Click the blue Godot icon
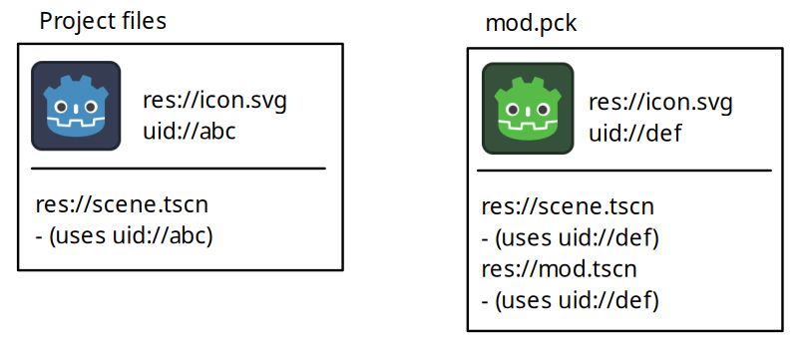click(x=76, y=107)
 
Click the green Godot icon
click(x=527, y=109)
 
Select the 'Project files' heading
click(x=103, y=22)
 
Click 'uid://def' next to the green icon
click(x=635, y=132)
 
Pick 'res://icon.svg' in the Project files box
click(x=215, y=101)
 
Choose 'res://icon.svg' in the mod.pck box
click(x=660, y=103)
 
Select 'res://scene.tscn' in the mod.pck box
click(x=568, y=207)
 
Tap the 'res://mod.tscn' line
click(x=559, y=269)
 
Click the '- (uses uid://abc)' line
click(x=125, y=236)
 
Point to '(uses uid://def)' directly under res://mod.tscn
click(x=572, y=299)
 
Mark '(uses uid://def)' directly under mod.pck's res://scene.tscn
click(x=572, y=238)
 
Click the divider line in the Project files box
click(x=179, y=169)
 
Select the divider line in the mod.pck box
click(x=624, y=171)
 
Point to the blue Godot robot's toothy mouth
click(x=76, y=126)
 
